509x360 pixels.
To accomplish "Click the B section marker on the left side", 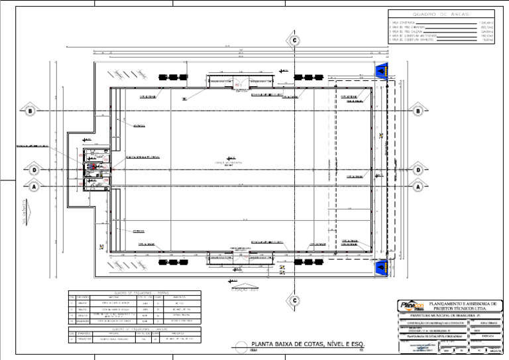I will point(30,111).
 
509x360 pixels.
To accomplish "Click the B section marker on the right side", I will point(418,111).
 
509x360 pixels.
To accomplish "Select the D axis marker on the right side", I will point(418,170).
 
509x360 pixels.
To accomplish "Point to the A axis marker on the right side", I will point(418,186).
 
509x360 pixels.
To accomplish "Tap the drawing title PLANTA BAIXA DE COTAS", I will point(308,344).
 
